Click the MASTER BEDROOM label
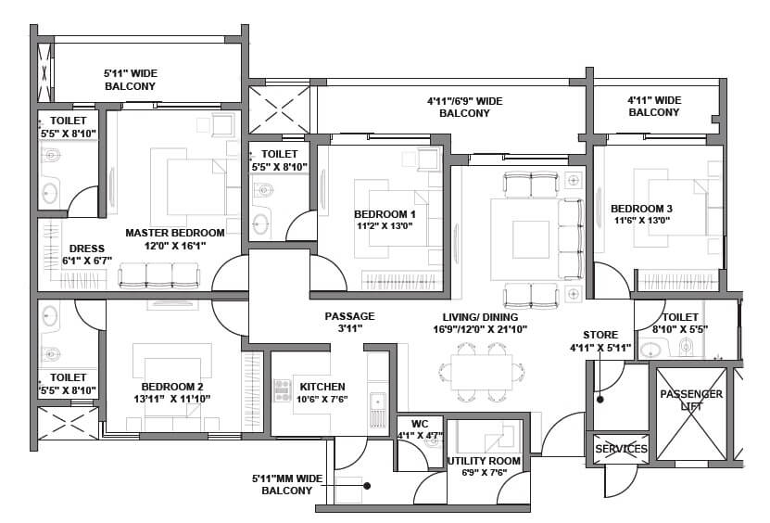(x=175, y=232)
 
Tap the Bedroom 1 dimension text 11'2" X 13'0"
(x=385, y=225)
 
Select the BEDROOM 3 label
(x=641, y=208)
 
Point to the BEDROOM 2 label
(x=172, y=387)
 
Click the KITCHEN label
(x=322, y=387)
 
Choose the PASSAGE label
(x=349, y=316)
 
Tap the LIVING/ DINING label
(x=479, y=316)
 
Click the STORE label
(x=600, y=335)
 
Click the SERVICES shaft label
(x=621, y=449)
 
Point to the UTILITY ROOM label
(x=484, y=460)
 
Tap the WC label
(x=419, y=424)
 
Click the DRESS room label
(x=87, y=249)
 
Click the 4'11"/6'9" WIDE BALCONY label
(x=464, y=100)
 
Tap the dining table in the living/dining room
(x=475, y=365)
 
